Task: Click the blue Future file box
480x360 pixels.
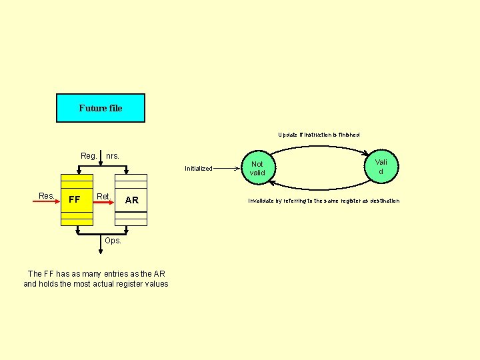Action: (x=100, y=108)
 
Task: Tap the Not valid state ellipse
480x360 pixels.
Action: (x=257, y=169)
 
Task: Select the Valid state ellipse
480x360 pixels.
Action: (x=381, y=167)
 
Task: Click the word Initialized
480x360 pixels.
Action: (x=199, y=169)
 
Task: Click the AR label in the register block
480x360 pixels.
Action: (x=132, y=200)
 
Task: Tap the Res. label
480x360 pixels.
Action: (x=47, y=196)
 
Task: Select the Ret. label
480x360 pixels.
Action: (x=103, y=196)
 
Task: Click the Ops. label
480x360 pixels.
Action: (x=113, y=241)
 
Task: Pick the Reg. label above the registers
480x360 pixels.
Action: (x=89, y=156)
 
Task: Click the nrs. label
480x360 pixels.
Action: (x=113, y=156)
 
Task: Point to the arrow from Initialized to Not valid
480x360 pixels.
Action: (x=227, y=169)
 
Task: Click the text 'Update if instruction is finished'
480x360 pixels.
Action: (x=319, y=135)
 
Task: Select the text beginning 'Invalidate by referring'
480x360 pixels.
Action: (x=324, y=201)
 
